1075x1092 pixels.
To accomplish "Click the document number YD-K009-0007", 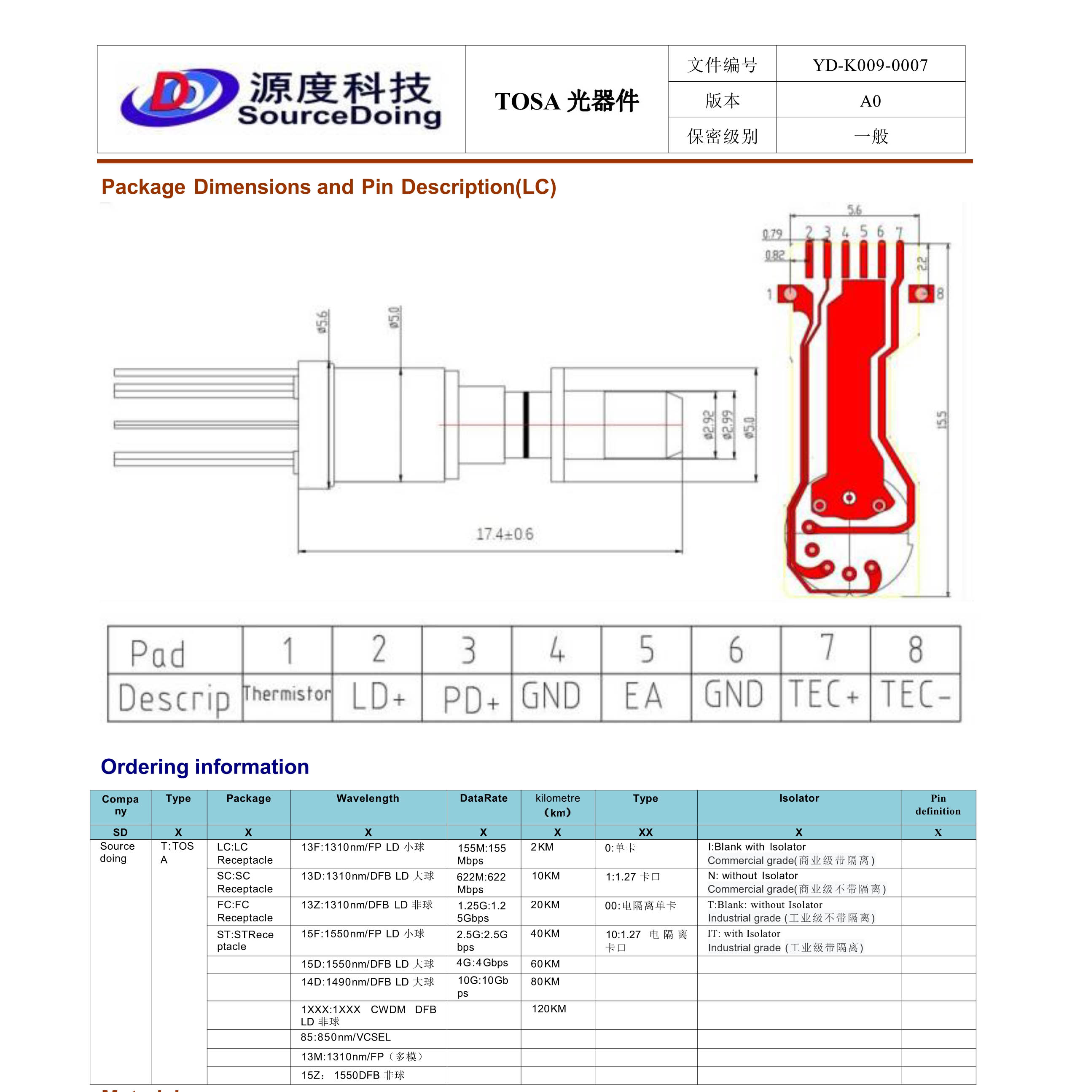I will coord(870,65).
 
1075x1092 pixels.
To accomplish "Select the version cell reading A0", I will coord(870,101).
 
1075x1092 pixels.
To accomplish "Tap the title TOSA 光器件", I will coord(566,102).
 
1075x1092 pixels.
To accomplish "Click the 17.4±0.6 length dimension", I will coord(504,534).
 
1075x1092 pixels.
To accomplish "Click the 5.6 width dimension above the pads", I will coord(854,210).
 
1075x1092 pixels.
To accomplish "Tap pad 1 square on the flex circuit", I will coord(789,294).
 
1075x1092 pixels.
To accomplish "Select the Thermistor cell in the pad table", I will coord(288,695).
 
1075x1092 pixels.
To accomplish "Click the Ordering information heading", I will coord(205,766).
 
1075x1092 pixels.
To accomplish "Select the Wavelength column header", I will coord(368,798).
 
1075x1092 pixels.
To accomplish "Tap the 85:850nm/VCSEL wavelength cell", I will coord(346,1037).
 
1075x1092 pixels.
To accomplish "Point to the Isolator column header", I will coord(798,798).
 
